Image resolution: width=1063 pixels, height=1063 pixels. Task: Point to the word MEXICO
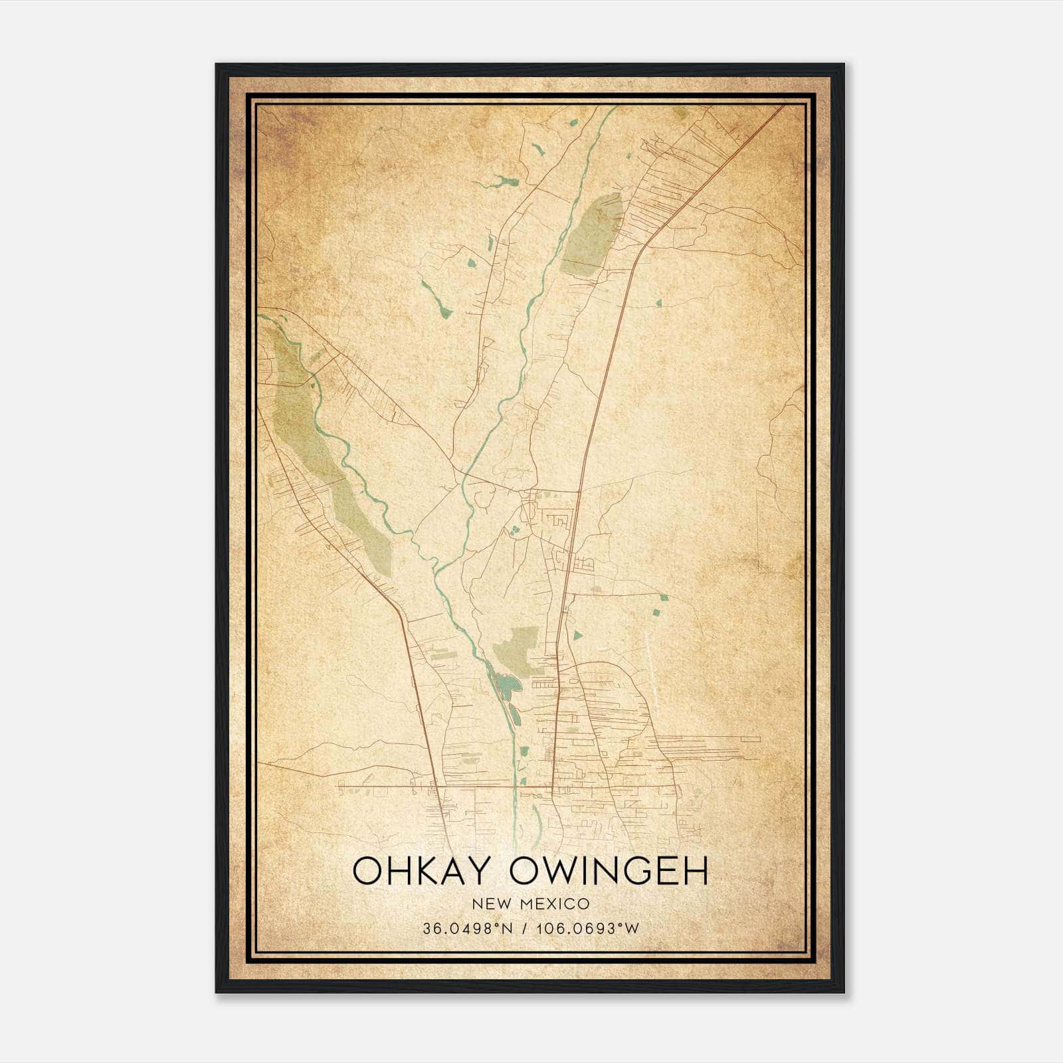[555, 904]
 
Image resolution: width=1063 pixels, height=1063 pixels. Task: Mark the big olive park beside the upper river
[591, 236]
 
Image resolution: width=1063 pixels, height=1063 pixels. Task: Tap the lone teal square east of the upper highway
[658, 303]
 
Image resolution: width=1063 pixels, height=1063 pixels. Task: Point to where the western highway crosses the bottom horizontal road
[436, 788]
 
